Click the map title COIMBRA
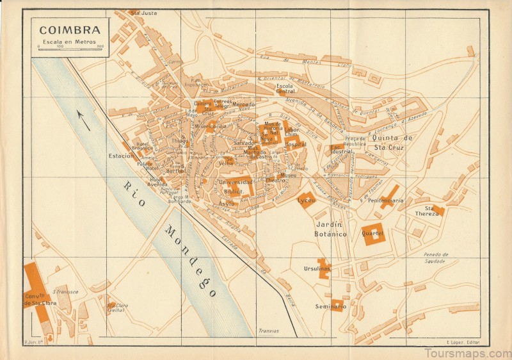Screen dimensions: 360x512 pyautogui.click(x=69, y=29)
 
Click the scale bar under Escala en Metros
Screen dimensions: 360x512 pyautogui.click(x=70, y=49)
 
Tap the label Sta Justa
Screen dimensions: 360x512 pyautogui.click(x=143, y=12)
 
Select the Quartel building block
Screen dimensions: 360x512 pyautogui.click(x=372, y=233)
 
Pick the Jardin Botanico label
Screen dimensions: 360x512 pyautogui.click(x=331, y=230)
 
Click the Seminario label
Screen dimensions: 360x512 pyautogui.click(x=330, y=307)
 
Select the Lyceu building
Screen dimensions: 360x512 pyautogui.click(x=307, y=199)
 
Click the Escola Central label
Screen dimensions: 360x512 pyautogui.click(x=285, y=88)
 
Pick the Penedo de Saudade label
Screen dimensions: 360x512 pyautogui.click(x=436, y=257)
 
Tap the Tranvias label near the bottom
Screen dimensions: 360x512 pyautogui.click(x=268, y=331)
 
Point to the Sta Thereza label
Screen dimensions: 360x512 pyautogui.click(x=428, y=211)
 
